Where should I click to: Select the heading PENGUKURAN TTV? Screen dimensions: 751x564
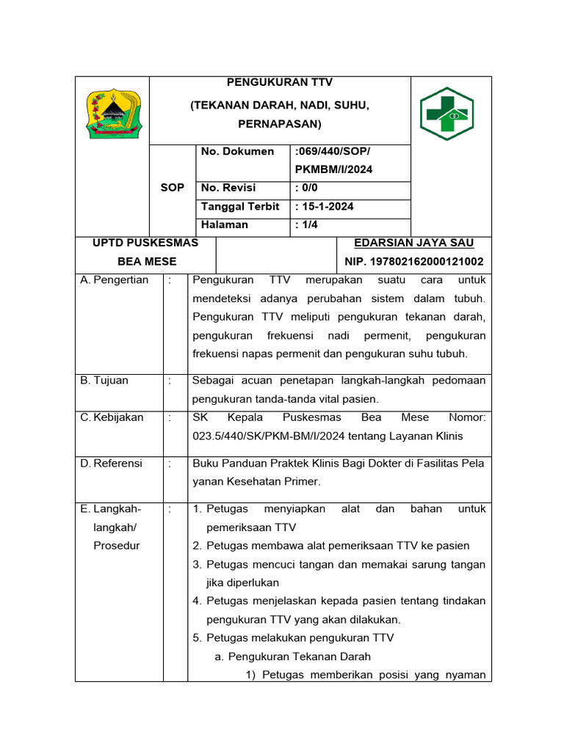(x=280, y=82)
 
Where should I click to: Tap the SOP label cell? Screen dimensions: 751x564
(x=172, y=188)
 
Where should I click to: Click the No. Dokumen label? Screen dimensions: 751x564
(x=237, y=152)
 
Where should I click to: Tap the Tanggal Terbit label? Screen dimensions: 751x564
(x=240, y=207)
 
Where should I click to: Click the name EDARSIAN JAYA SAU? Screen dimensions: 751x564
(x=414, y=243)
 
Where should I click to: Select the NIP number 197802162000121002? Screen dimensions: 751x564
(x=414, y=261)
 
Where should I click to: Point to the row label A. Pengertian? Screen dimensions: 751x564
(x=115, y=280)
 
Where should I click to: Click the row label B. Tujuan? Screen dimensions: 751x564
(x=104, y=381)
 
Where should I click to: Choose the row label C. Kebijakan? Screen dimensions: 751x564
(x=112, y=417)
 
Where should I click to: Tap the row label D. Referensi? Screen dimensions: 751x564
(x=112, y=464)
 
